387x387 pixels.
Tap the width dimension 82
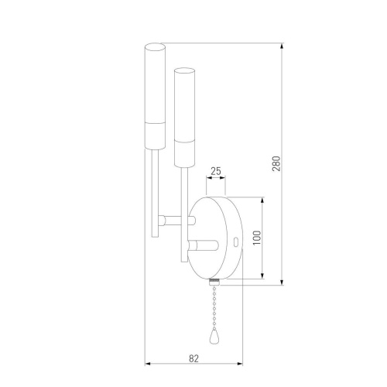(193, 358)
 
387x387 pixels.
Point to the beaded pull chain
(213, 306)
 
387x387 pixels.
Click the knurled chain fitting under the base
(214, 281)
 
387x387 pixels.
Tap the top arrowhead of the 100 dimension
(265, 199)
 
